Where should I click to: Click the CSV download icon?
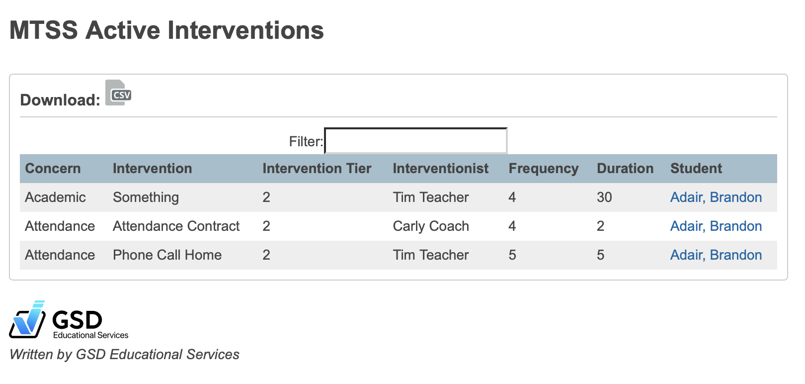[x=118, y=93]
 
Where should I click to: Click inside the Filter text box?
[x=415, y=141]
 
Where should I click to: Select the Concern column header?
[x=53, y=169]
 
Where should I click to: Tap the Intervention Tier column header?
[x=317, y=169]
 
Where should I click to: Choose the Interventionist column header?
[x=440, y=169]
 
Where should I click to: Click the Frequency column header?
[x=543, y=169]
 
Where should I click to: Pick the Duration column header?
[x=625, y=169]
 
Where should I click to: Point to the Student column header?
[x=696, y=169]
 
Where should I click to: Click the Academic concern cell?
[x=55, y=197]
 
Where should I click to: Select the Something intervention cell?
[x=146, y=197]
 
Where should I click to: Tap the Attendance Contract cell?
[x=176, y=226]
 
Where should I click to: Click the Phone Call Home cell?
[x=167, y=255]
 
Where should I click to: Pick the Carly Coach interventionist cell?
[x=430, y=226]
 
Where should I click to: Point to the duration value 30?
[x=604, y=197]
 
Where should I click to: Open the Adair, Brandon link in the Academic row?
[x=716, y=197]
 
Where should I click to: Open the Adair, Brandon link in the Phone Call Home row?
[x=716, y=255]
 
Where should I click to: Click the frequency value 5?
[x=512, y=255]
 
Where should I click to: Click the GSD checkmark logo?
[x=28, y=319]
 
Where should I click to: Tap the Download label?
[x=60, y=100]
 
